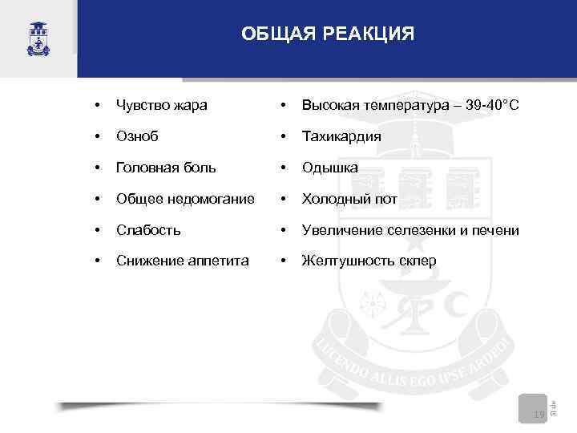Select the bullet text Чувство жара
point(161,105)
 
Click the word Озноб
point(137,136)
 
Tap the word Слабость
point(148,230)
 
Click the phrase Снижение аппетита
point(182,261)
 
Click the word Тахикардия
point(341,136)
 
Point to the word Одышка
point(329,168)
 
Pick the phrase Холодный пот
point(349,199)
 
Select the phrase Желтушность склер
point(369,261)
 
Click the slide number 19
point(539,414)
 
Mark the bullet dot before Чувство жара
point(97,105)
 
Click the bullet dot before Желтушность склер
point(282,261)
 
